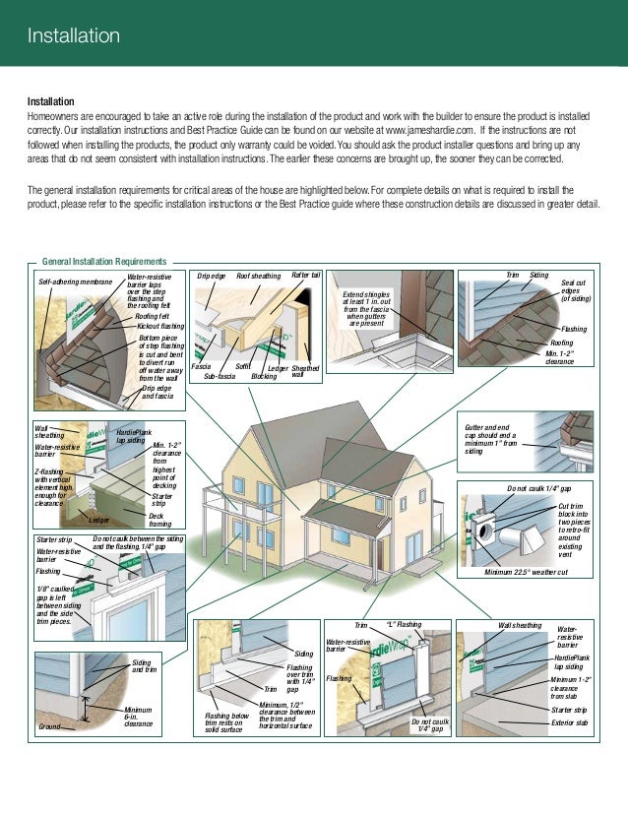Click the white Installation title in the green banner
click(x=73, y=37)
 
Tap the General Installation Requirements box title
click(x=105, y=263)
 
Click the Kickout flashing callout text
click(x=159, y=325)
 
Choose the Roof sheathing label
click(x=258, y=277)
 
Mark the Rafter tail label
click(x=306, y=276)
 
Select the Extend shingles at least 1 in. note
click(x=368, y=308)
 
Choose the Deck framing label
click(x=161, y=520)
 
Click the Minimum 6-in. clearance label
click(x=139, y=717)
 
